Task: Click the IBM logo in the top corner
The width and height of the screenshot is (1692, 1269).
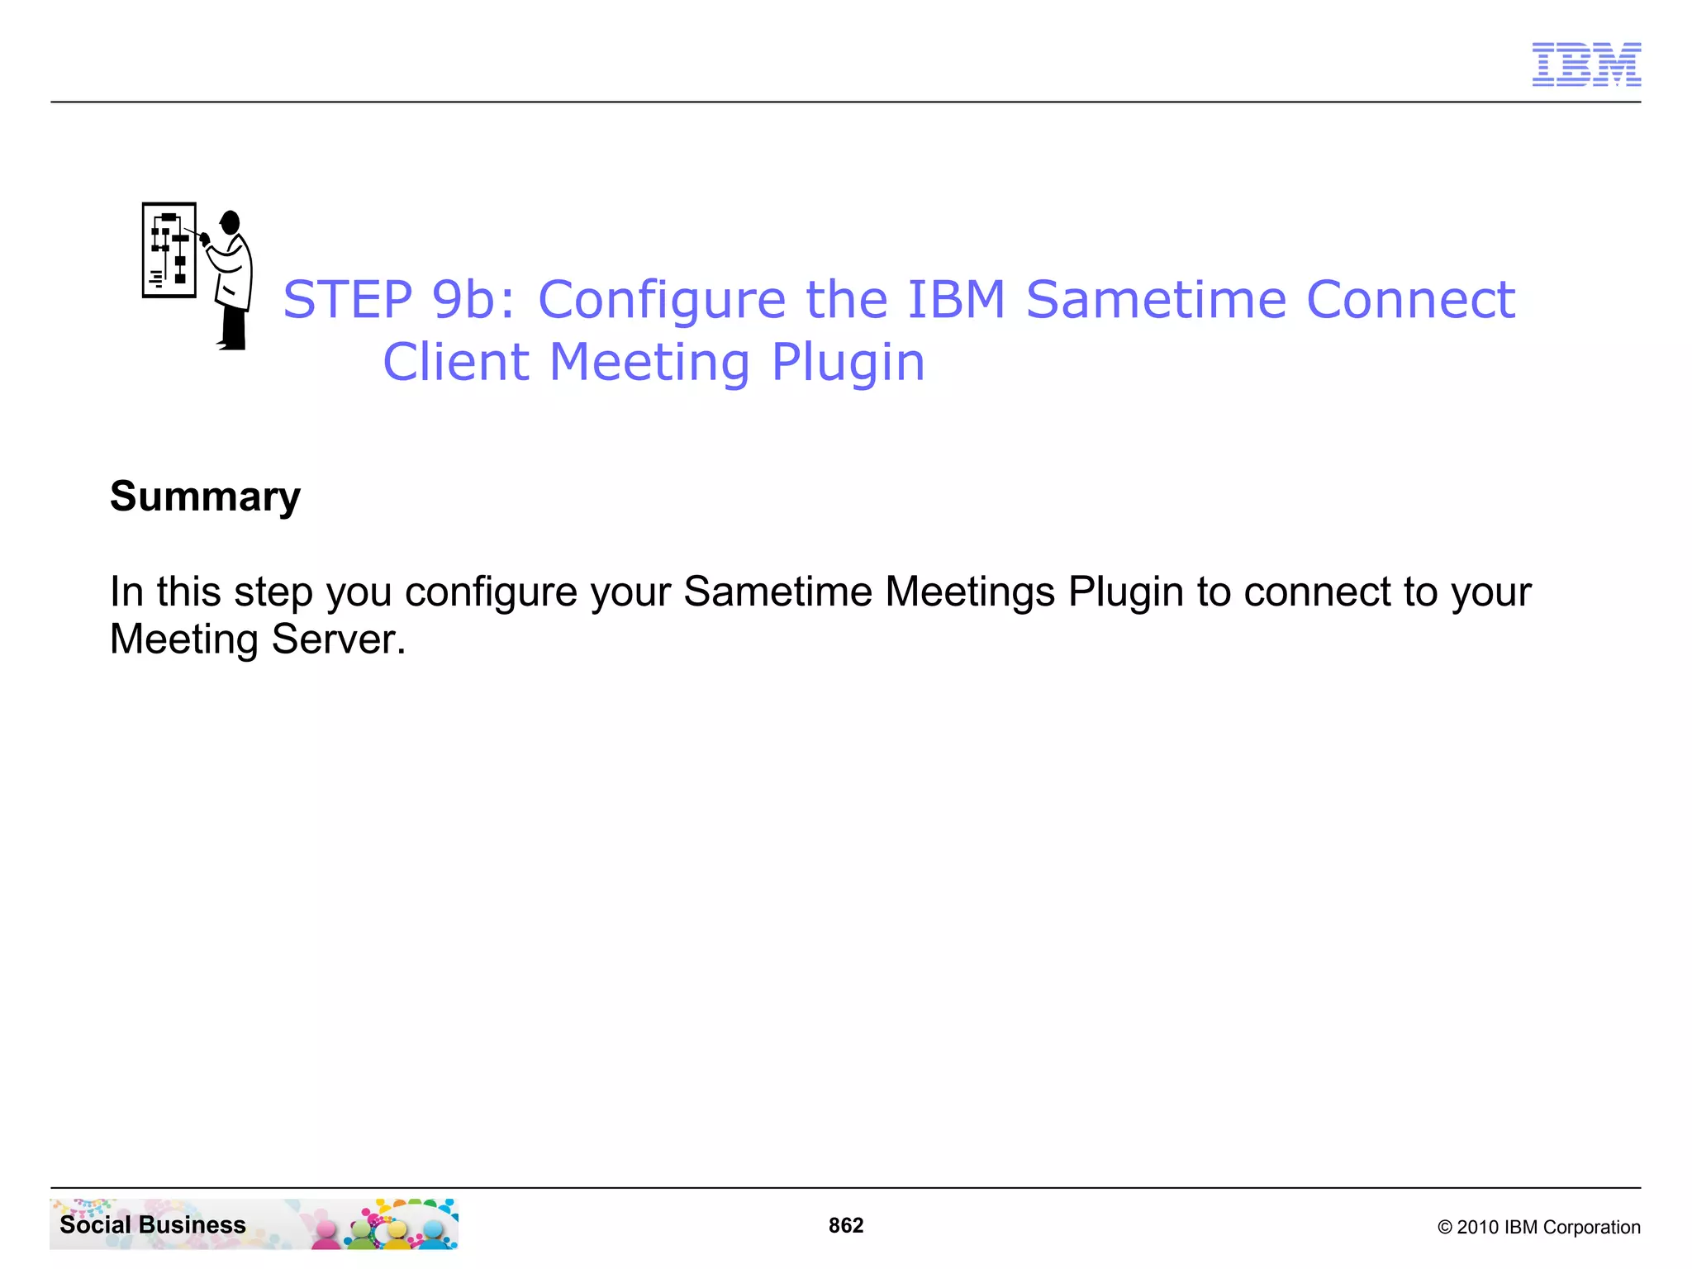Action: click(1586, 64)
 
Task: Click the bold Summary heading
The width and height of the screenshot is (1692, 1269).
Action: click(205, 497)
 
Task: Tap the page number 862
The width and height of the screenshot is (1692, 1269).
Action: click(846, 1225)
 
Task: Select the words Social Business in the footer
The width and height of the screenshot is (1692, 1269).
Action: click(153, 1224)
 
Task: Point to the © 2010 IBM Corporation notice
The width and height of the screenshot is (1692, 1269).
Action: click(1538, 1227)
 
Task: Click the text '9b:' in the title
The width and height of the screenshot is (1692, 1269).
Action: click(473, 299)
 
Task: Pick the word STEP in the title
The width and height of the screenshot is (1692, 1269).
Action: click(348, 299)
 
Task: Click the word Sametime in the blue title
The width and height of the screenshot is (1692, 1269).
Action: click(1156, 299)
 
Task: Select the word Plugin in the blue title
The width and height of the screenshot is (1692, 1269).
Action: click(848, 364)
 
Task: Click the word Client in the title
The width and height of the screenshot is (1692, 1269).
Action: click(455, 362)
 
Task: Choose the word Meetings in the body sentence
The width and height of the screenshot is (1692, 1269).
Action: click(969, 592)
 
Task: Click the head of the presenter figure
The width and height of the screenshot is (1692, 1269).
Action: click(230, 222)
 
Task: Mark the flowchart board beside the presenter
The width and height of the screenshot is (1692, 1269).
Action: click(169, 250)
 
